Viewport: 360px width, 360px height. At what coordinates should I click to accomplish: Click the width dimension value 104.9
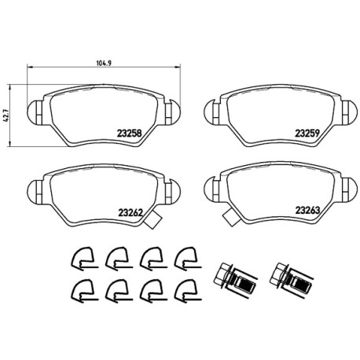point(104,63)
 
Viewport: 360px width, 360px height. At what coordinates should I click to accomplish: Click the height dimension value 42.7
point(5,116)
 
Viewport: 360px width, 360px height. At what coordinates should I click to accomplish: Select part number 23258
point(130,134)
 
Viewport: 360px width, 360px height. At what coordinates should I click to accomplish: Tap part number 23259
point(307,134)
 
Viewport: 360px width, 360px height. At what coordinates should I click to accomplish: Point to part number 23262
point(130,213)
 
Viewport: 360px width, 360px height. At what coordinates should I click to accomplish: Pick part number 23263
point(308,211)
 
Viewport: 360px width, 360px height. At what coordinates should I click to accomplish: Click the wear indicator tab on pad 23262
point(153,219)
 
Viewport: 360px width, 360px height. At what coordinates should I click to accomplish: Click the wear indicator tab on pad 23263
point(232,217)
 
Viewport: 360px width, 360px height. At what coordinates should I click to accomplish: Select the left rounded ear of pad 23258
point(35,112)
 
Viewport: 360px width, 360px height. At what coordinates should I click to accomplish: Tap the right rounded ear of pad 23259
point(350,112)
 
